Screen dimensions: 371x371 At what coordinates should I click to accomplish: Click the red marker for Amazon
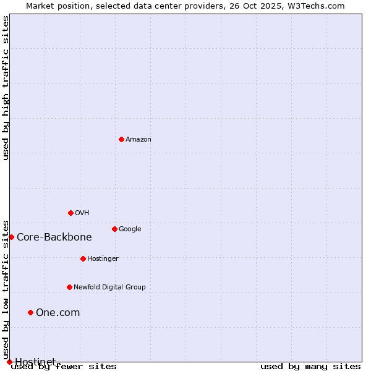(121, 139)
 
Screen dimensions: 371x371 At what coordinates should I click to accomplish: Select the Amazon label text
(139, 140)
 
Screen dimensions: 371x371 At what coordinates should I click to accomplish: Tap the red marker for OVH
(70, 213)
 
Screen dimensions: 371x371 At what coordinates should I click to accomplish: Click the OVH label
(82, 213)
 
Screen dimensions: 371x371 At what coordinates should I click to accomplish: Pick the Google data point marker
(114, 229)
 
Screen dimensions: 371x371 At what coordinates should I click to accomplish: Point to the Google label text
(130, 229)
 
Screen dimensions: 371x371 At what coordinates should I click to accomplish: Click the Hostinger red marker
(83, 258)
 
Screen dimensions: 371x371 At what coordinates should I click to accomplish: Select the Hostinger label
(103, 259)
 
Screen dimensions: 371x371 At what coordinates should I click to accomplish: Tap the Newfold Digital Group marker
(69, 287)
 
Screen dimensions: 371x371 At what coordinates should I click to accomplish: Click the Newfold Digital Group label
(109, 288)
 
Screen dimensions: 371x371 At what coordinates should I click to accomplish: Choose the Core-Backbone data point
(11, 237)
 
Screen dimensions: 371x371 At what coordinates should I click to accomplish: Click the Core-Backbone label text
(54, 237)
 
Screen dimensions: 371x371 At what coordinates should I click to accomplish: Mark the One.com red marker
(30, 312)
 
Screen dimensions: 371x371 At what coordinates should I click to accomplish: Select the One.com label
(58, 313)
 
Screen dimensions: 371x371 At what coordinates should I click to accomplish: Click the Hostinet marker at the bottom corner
(9, 362)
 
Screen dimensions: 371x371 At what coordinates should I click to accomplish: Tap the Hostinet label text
(35, 361)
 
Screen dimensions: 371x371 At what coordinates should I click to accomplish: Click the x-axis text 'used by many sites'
(310, 367)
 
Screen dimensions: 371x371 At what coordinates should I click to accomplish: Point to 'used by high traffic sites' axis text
(6, 88)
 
